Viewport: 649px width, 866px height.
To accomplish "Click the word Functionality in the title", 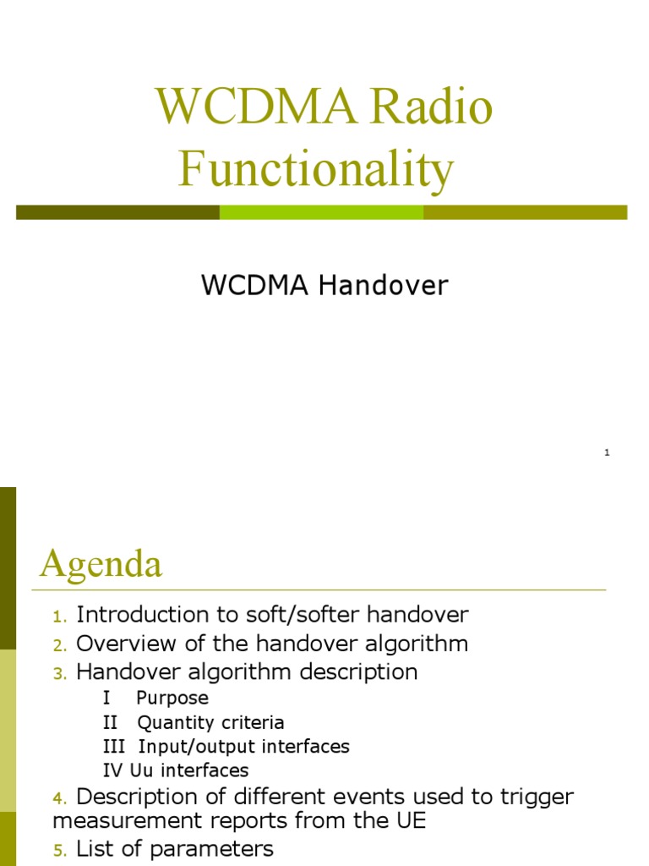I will (316, 168).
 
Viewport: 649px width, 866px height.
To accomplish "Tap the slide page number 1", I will (607, 453).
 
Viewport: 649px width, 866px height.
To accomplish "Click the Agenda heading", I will (101, 563).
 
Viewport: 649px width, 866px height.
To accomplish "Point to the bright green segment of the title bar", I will (321, 212).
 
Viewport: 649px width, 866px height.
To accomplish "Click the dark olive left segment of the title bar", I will (117, 212).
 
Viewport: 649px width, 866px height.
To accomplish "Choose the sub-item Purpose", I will (172, 699).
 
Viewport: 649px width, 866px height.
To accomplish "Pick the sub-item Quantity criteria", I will (210, 723).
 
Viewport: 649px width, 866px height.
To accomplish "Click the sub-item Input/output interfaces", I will (243, 747).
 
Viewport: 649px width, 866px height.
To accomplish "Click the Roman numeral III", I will (112, 747).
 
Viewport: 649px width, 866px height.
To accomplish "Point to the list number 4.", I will (58, 798).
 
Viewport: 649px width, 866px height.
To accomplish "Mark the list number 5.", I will (58, 851).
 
